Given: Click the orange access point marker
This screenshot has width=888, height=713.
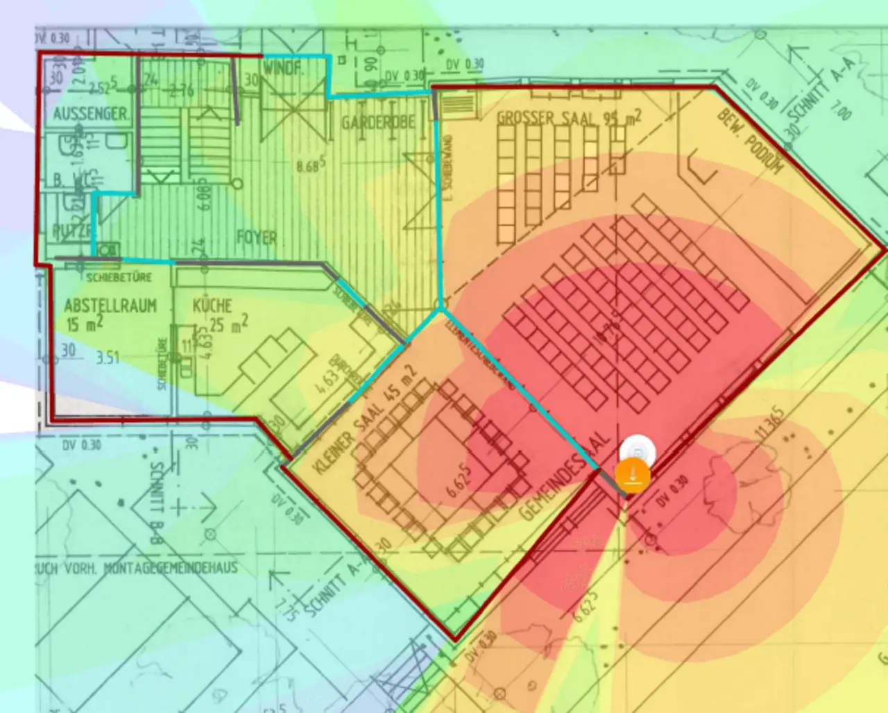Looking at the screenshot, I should pos(632,476).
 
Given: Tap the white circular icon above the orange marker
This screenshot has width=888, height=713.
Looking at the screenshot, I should pos(638,453).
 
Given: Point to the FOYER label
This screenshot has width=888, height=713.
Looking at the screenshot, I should pos(257,237).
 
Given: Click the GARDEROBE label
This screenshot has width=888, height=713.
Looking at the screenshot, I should pos(378,123).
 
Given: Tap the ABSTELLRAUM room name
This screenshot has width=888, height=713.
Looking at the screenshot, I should pos(110,305).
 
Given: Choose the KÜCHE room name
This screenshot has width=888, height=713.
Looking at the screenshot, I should pos(212,305).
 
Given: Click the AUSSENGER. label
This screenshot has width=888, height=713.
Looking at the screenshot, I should pos(91,113).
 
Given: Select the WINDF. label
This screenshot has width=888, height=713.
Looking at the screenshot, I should pos(283,68).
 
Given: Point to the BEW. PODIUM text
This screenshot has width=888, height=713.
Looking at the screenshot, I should pos(750,142).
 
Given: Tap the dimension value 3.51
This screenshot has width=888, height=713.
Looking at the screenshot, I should pos(108,358).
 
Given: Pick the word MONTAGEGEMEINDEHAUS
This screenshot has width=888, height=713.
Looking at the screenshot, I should pos(171,568).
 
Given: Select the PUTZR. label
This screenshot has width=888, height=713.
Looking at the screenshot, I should pos(69,231).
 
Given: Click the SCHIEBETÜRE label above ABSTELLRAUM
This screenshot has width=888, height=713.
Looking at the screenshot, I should pos(119,277).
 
